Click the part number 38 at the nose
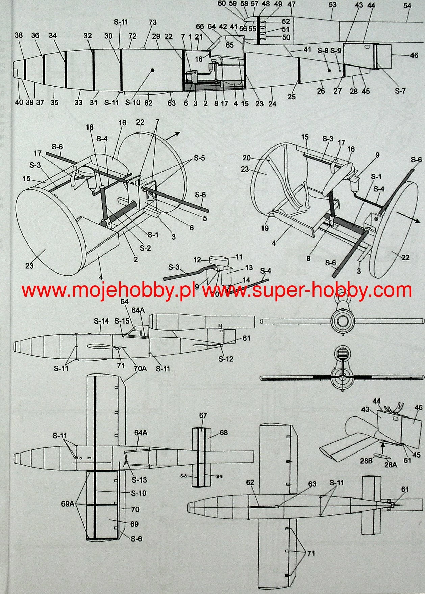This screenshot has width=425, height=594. coord(19,35)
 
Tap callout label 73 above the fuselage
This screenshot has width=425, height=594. coord(152,22)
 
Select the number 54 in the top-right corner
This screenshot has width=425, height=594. coord(407,6)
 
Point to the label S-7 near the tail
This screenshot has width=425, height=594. coord(400,91)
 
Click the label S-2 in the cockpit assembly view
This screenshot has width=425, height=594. coord(145,248)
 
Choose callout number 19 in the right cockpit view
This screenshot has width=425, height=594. coord(265,228)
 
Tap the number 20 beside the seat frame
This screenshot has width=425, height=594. coord(247,158)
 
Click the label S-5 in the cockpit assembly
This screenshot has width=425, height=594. coord(199,158)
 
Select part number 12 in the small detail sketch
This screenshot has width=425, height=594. coord(197,260)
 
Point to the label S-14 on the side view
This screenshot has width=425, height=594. coord(101,321)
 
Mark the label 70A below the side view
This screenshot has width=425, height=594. coord(140,369)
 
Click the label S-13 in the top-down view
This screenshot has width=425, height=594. coord(139,480)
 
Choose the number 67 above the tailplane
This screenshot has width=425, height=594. coord(203,416)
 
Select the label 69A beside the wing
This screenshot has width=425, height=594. coord(68,503)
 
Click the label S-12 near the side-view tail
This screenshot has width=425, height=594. coord(226,359)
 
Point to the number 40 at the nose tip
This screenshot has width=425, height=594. coord(19,102)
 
